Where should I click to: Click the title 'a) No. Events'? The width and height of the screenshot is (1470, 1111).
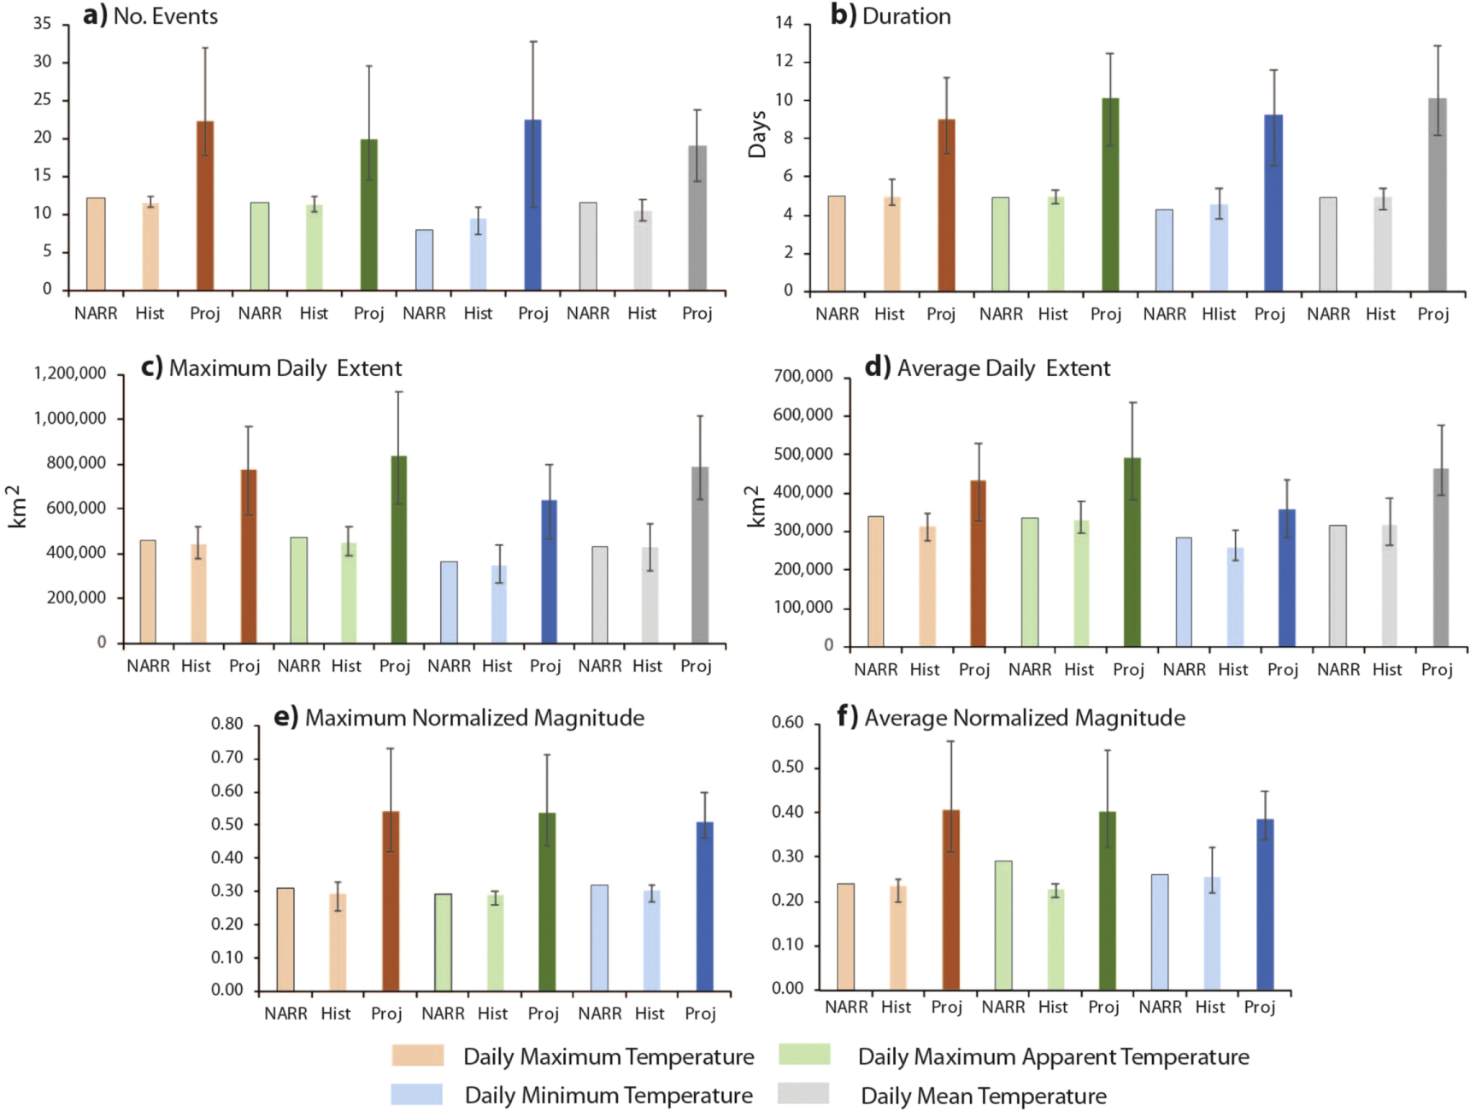click(x=150, y=16)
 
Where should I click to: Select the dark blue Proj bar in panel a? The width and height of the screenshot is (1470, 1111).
click(x=532, y=205)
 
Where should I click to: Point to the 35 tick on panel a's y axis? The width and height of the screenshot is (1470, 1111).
click(x=43, y=24)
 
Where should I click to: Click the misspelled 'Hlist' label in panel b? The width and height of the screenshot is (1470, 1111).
click(x=1219, y=314)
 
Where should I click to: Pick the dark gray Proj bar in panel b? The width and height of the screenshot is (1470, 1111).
click(x=1438, y=195)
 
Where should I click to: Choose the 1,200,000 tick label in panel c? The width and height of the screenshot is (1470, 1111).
click(x=70, y=373)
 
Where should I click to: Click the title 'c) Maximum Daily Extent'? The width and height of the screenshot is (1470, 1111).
click(x=272, y=368)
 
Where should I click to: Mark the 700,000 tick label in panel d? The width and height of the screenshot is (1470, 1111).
click(x=803, y=376)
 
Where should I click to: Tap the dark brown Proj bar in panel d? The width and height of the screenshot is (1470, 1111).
click(x=978, y=563)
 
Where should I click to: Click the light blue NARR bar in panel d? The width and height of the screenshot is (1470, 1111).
click(x=1184, y=591)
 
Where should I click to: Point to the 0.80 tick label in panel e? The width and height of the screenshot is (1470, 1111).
click(x=227, y=724)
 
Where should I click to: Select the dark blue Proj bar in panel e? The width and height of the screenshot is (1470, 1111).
click(x=705, y=906)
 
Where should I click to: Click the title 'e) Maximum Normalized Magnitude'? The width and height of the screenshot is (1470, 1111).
click(x=459, y=718)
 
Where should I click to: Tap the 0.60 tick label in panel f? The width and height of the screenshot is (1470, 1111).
click(x=787, y=722)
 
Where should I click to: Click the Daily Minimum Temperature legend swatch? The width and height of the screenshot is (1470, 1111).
click(x=417, y=1094)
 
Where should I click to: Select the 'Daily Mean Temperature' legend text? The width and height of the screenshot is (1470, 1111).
click(x=984, y=1096)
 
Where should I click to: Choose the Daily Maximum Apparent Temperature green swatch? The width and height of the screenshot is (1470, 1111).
click(x=804, y=1055)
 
